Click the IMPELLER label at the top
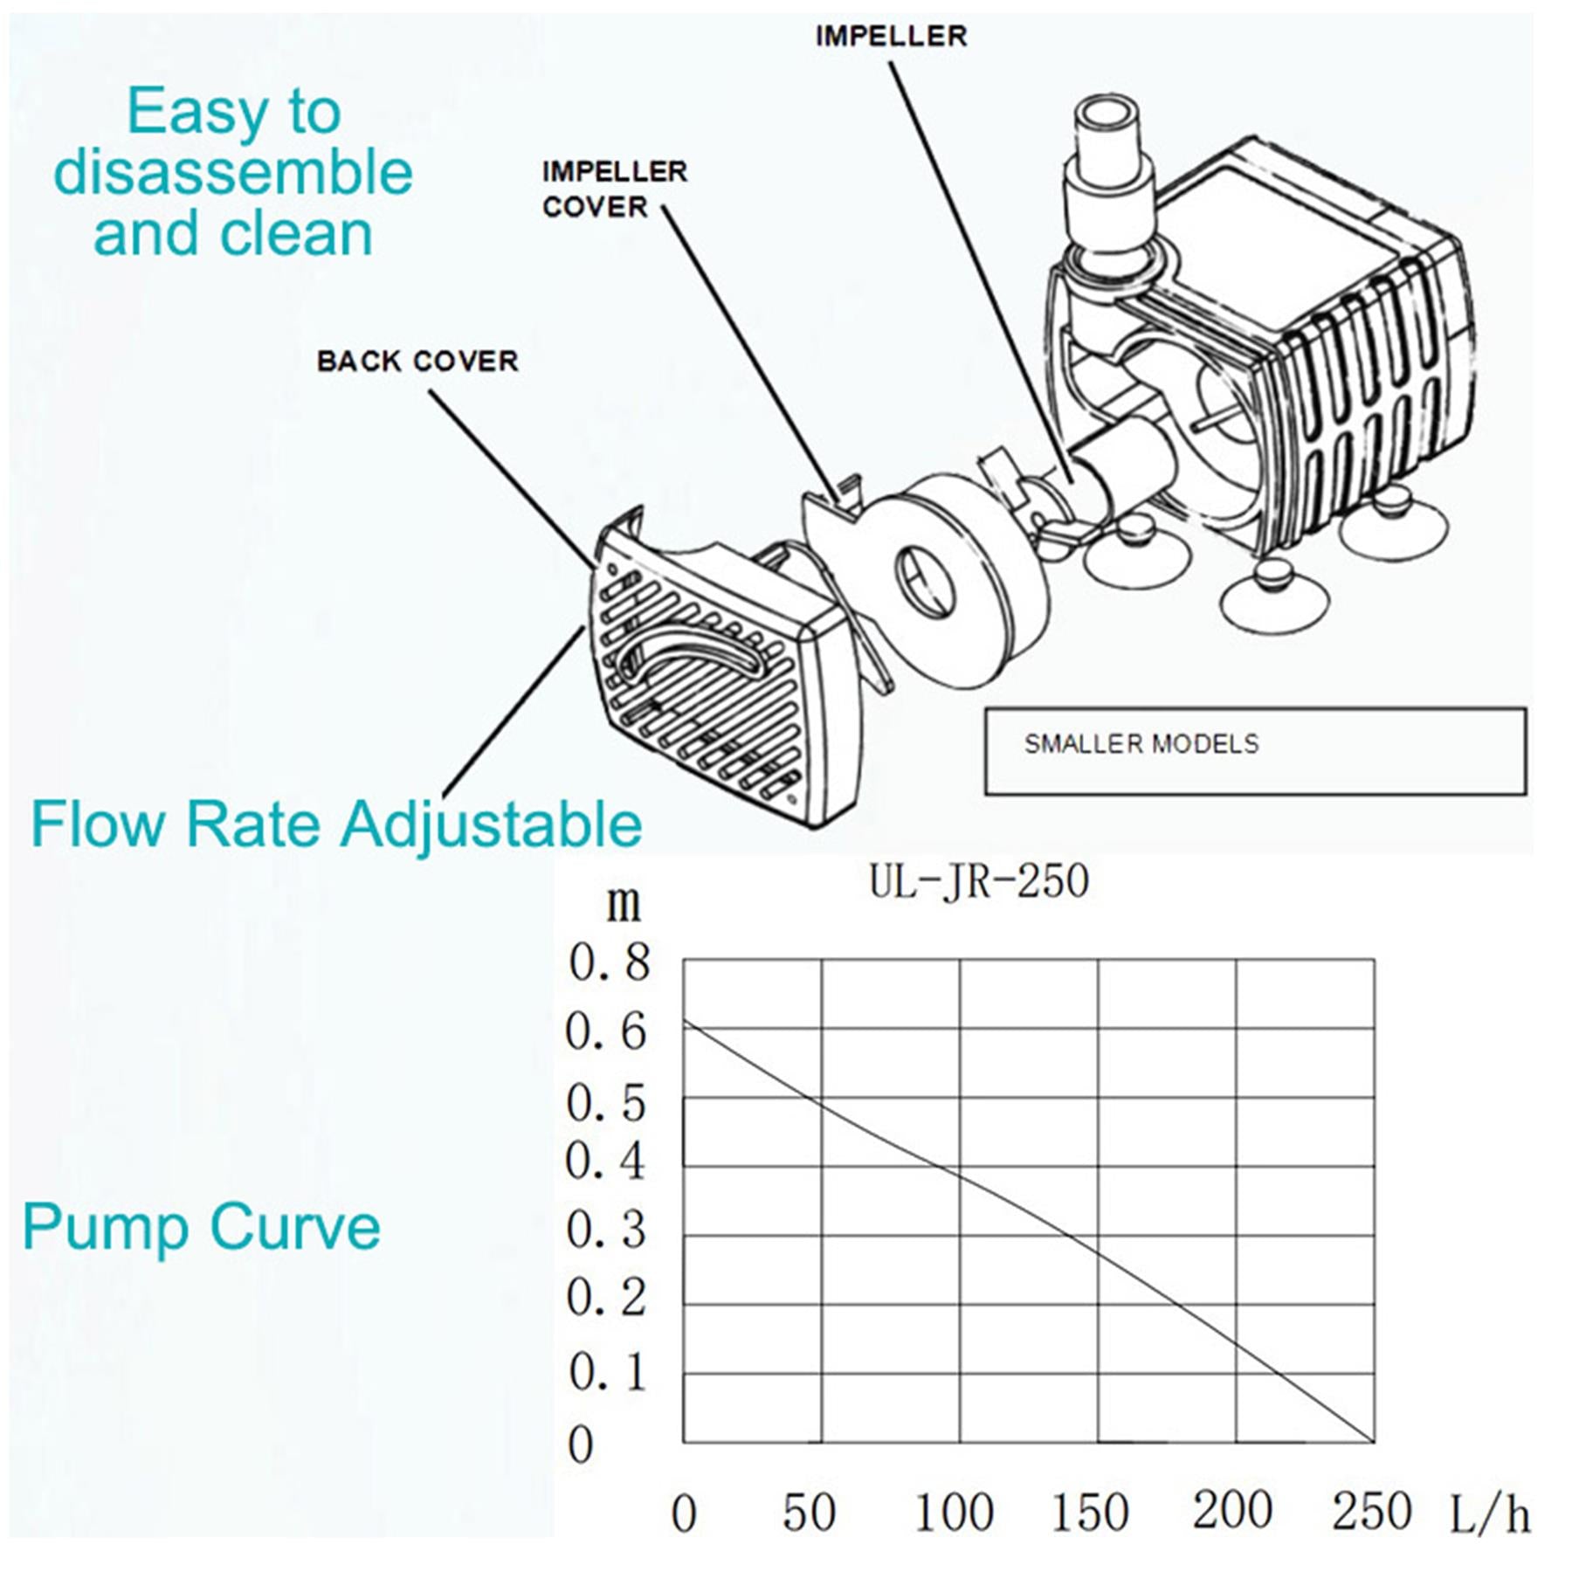tap(891, 37)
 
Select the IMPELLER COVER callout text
tap(614, 190)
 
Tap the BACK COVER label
tap(417, 362)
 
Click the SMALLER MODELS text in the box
tap(1141, 744)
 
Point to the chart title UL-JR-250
tap(979, 881)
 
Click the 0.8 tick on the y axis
tap(610, 962)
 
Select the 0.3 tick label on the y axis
tap(606, 1230)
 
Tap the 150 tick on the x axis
tap(1090, 1513)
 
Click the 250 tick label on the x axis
tap(1371, 1512)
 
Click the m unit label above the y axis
tap(624, 904)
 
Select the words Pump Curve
tap(202, 1228)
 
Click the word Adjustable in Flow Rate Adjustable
tap(491, 824)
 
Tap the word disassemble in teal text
tap(232, 172)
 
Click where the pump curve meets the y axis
tap(684, 1020)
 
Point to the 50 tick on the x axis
tap(809, 1513)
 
